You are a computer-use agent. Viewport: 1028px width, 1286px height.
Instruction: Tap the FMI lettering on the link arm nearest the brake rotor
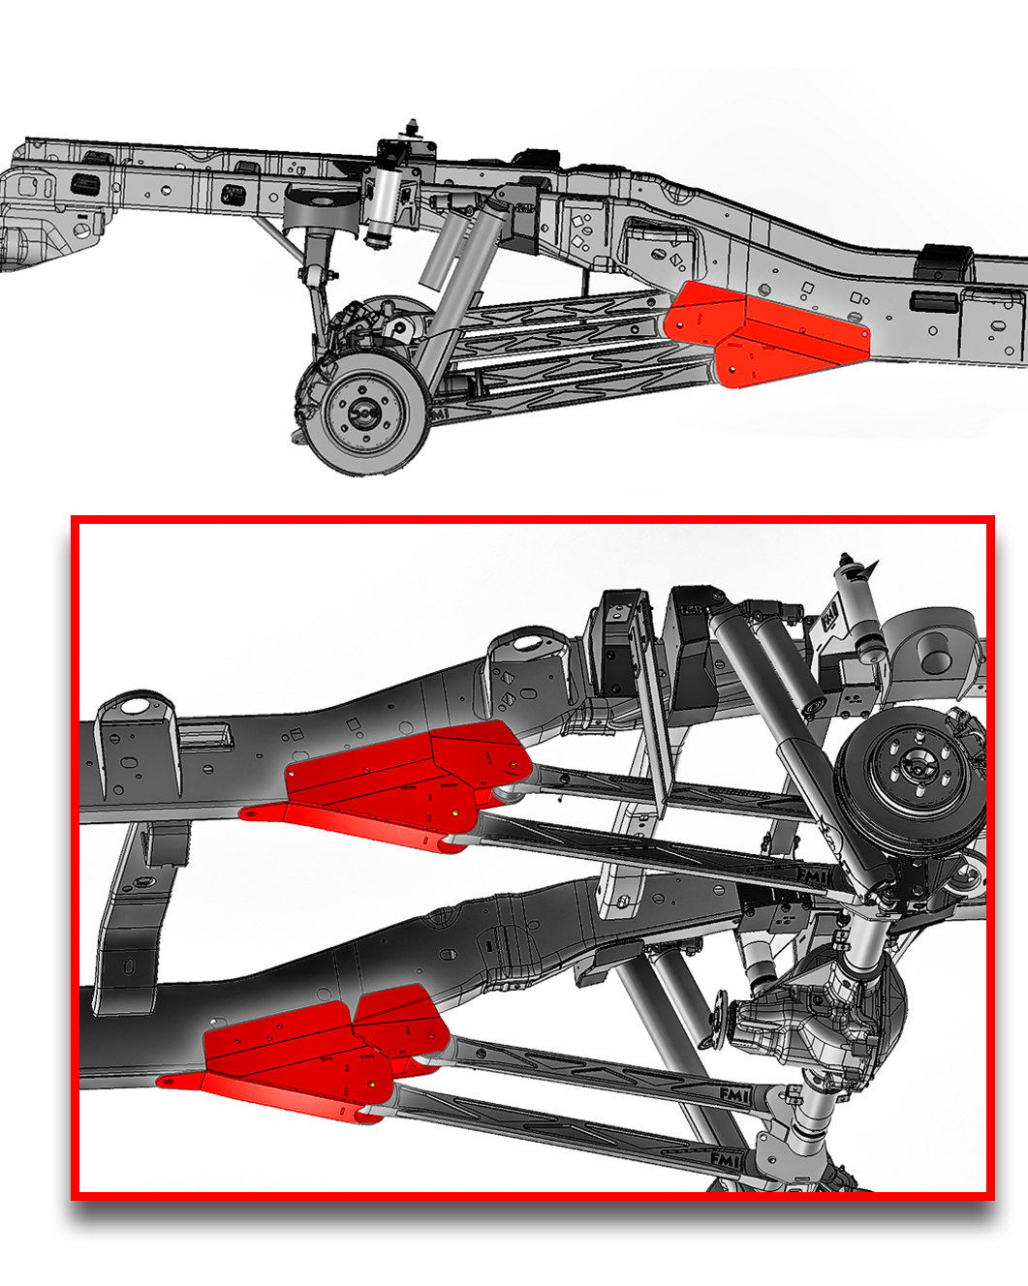[x=811, y=875]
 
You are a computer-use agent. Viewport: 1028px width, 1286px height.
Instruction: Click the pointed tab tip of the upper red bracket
[x=250, y=813]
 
